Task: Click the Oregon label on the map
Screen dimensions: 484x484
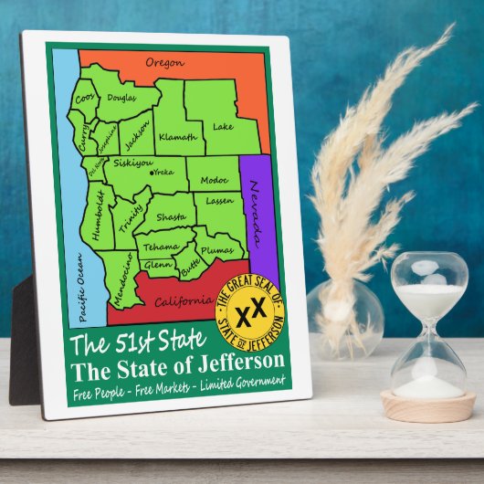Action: click(x=165, y=62)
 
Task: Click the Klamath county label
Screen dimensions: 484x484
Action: click(x=177, y=137)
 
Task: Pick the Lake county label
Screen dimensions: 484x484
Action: click(x=223, y=127)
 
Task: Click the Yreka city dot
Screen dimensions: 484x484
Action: click(x=153, y=171)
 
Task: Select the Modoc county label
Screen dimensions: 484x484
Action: click(x=213, y=180)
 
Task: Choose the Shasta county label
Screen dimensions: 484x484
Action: click(x=172, y=217)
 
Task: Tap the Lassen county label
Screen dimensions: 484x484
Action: click(x=219, y=200)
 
